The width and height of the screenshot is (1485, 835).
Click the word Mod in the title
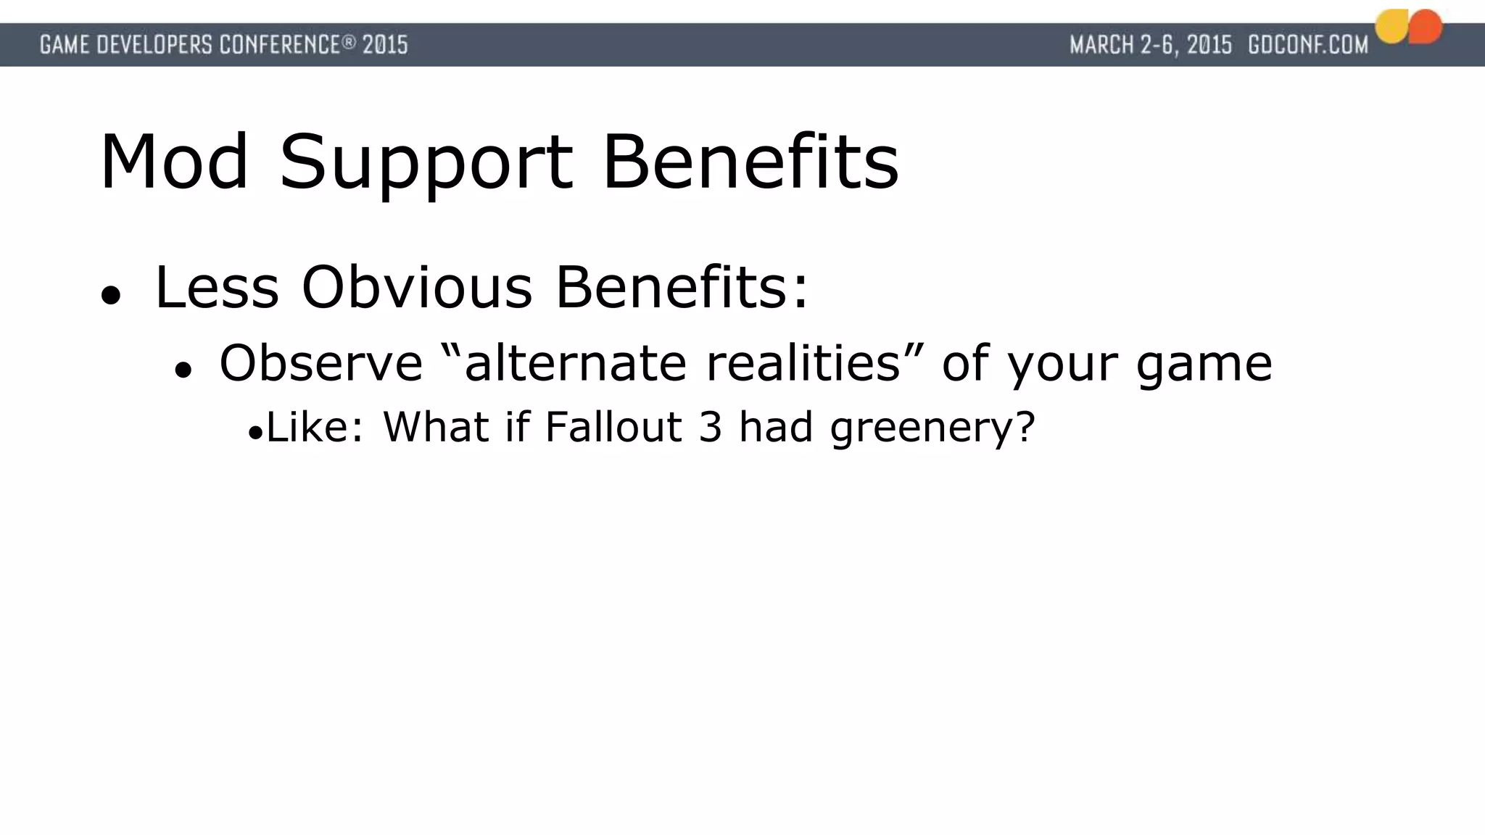tap(174, 162)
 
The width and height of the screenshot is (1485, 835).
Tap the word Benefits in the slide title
tap(750, 162)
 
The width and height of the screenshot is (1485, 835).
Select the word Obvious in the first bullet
tap(418, 288)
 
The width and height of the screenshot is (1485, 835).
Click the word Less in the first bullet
tap(217, 288)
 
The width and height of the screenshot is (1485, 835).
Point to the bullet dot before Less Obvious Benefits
tap(110, 295)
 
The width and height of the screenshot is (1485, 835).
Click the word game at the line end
tap(1204, 364)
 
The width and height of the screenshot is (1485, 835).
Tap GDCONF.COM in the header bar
tap(1307, 45)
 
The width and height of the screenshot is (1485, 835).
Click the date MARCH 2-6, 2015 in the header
tap(1151, 45)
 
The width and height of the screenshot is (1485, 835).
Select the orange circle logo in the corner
tap(1426, 26)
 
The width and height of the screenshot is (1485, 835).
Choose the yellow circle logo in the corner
tap(1392, 27)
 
